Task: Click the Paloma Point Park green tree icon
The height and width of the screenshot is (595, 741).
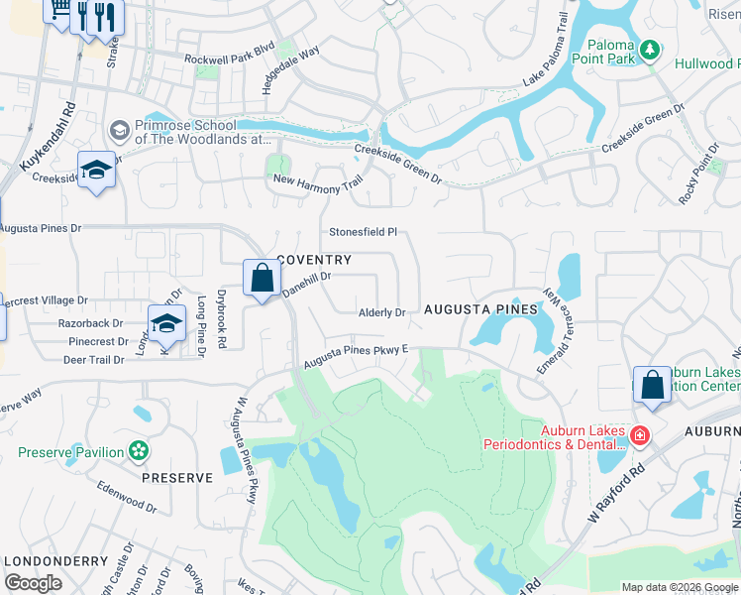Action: coord(650,49)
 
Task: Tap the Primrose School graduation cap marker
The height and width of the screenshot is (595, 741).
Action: coord(119,131)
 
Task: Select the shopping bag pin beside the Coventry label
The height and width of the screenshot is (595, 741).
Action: coord(262,279)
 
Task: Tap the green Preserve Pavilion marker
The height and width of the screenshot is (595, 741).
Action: coord(139,452)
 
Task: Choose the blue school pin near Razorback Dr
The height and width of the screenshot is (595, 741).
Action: coord(166,323)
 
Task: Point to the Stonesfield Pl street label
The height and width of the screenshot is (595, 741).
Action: coord(363,232)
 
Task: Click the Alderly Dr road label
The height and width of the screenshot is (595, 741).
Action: coord(382,312)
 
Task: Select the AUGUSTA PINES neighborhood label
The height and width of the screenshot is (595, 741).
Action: coord(480,309)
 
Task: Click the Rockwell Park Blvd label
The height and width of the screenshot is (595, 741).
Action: coord(229,59)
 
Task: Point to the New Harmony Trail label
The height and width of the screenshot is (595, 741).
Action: coord(318,179)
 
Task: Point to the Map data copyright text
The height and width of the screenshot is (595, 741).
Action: coord(680,587)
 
